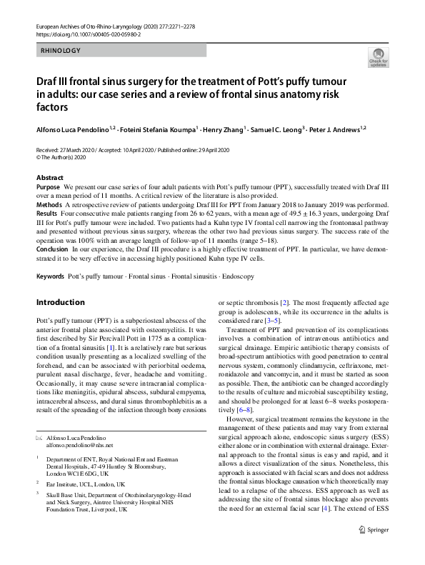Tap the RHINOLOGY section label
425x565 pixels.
[61, 51]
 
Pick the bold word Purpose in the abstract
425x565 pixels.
[48, 186]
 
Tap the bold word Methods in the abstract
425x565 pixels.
[49, 204]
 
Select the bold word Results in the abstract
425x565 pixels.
[46, 213]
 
